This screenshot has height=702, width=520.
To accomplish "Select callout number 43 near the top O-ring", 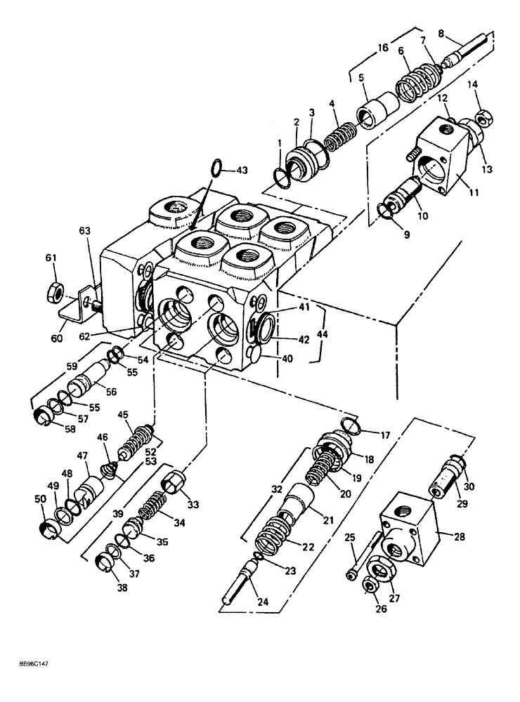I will tap(241, 171).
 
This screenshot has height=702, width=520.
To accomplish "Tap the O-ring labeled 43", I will tap(219, 168).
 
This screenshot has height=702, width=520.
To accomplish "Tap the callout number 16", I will tap(382, 48).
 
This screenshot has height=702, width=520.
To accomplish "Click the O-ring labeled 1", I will tap(281, 178).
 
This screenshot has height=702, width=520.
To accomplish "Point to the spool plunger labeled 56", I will tap(86, 384).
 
